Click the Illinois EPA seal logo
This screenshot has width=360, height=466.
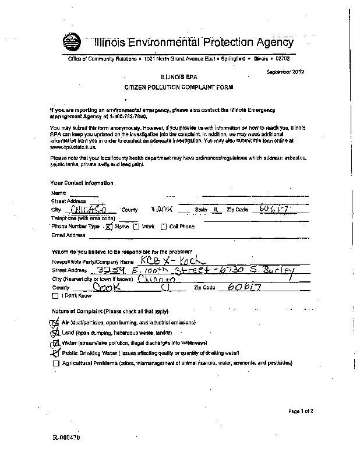[x=73, y=42]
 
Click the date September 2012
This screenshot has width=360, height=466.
[x=285, y=72]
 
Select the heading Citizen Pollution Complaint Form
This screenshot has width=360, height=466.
[x=179, y=86]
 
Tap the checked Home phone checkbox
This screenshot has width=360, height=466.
[x=108, y=227]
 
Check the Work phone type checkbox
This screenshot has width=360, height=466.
[x=136, y=227]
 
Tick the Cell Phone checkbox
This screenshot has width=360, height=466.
[x=164, y=227]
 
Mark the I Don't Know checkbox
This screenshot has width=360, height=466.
[x=55, y=296]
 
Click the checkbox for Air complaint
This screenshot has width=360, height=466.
[x=55, y=323]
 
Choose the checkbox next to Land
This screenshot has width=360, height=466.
[x=55, y=333]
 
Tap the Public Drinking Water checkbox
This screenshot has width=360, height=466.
[x=55, y=353]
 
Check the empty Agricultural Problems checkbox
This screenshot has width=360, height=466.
[x=55, y=363]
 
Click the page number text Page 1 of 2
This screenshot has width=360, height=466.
[x=301, y=412]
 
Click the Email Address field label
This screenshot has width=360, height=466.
[x=68, y=236]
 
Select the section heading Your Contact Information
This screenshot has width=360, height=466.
[x=82, y=183]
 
